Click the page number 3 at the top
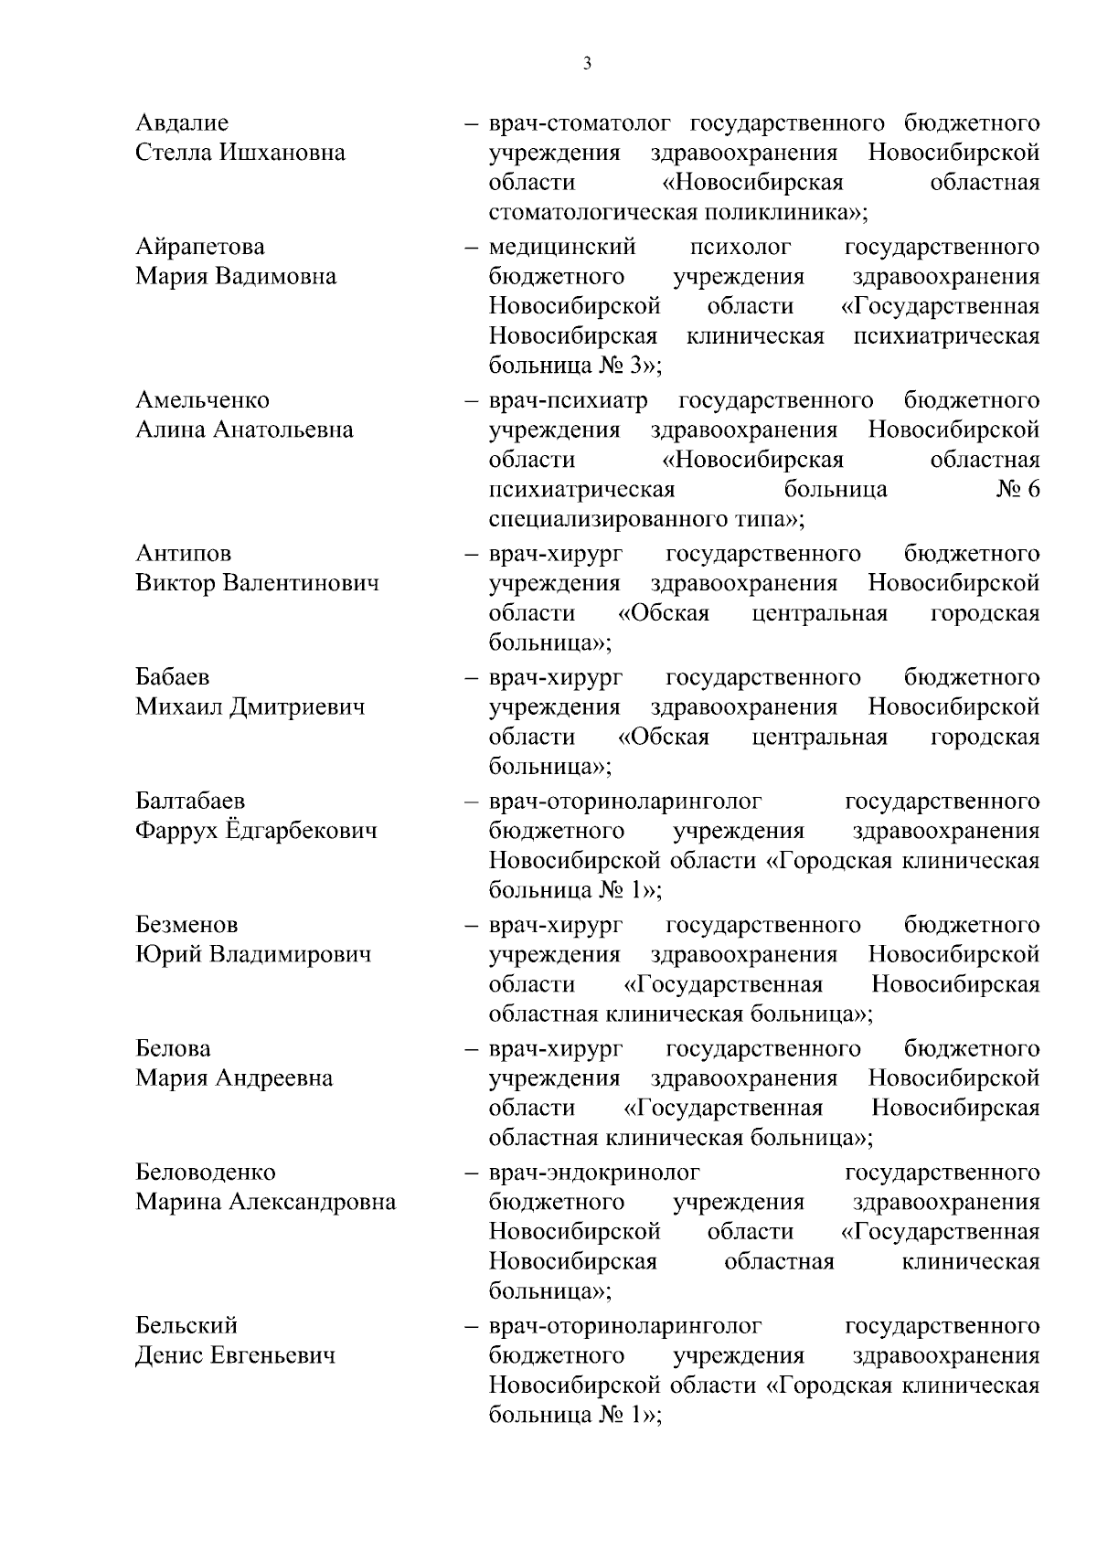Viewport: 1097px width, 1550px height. click(x=587, y=63)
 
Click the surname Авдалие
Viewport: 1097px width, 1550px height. click(x=182, y=122)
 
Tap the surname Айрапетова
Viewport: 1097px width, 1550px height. click(x=200, y=247)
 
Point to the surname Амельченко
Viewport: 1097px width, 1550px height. click(x=202, y=400)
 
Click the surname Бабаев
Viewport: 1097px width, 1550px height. click(x=172, y=677)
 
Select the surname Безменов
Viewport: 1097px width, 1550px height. click(x=186, y=925)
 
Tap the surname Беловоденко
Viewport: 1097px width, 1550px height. click(x=205, y=1172)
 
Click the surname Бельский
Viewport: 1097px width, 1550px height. click(x=186, y=1325)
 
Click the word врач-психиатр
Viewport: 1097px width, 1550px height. click(x=569, y=400)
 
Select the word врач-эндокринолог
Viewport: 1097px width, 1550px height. click(x=594, y=1172)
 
